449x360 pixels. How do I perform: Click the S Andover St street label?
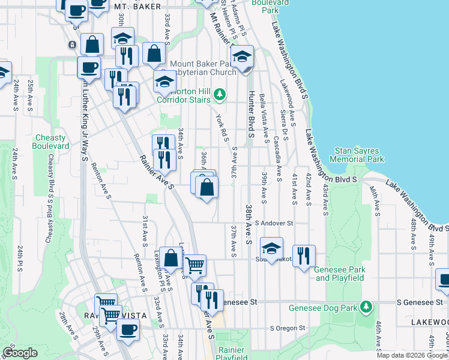coord(273,223)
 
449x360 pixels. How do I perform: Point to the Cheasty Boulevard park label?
coord(51,142)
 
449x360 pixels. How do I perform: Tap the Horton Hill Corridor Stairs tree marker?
coord(220,94)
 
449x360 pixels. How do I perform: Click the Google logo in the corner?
coord(20,353)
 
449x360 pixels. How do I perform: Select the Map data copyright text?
coord(412,355)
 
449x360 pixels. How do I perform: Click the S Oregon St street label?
coord(288,328)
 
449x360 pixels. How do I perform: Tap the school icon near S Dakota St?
coord(271,247)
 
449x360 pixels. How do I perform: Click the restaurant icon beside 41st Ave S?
coord(304,255)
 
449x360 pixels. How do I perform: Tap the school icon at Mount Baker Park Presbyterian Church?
coord(243,58)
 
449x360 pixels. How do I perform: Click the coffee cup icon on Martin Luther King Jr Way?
coord(89,67)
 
